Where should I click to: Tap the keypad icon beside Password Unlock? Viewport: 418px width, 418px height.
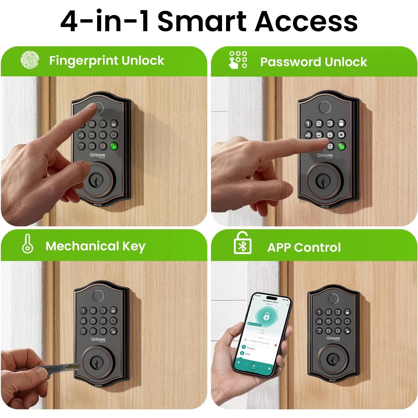pyautogui.click(x=238, y=60)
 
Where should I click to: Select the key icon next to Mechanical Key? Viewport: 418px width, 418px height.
pyautogui.click(x=27, y=244)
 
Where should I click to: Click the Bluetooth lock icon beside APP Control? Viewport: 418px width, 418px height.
pyautogui.click(x=242, y=243)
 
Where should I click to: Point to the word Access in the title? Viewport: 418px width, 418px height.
pyautogui.click(x=306, y=21)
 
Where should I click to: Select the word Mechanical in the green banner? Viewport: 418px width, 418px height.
pyautogui.click(x=82, y=246)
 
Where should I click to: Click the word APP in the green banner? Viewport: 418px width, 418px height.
pyautogui.click(x=279, y=248)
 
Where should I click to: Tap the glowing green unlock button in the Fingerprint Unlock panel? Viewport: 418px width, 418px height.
pyautogui.click(x=114, y=146)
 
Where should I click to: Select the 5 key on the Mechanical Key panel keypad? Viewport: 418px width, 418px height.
pyautogui.click(x=93, y=321)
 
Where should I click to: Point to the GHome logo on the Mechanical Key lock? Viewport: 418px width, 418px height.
pyautogui.click(x=98, y=339)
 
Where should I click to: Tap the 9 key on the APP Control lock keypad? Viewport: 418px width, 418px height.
pyautogui.click(x=338, y=331)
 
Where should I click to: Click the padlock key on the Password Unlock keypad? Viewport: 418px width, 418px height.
pyautogui.click(x=341, y=123)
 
